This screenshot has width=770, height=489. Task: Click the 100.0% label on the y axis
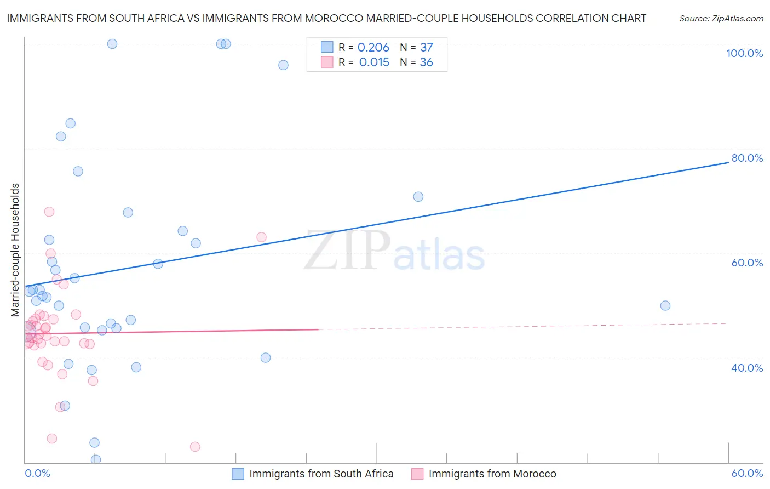pyautogui.click(x=744, y=53)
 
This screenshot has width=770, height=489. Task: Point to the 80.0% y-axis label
pyautogui.click(x=747, y=158)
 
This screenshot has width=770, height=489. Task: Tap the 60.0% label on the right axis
pyautogui.click(x=747, y=263)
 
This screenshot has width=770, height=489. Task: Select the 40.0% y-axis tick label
pyautogui.click(x=747, y=368)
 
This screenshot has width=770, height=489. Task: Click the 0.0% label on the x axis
pyautogui.click(x=37, y=473)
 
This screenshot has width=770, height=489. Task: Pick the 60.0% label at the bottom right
pyautogui.click(x=747, y=473)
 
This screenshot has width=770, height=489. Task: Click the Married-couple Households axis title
pyautogui.click(x=15, y=250)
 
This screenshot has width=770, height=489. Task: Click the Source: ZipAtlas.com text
pyautogui.click(x=721, y=18)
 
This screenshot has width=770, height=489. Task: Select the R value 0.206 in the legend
pyautogui.click(x=373, y=48)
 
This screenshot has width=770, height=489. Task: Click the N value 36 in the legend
pyautogui.click(x=426, y=62)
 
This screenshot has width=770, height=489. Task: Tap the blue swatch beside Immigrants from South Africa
pyautogui.click(x=238, y=474)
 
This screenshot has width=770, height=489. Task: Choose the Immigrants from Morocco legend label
pyautogui.click(x=492, y=474)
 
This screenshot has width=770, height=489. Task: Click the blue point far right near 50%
pyautogui.click(x=665, y=306)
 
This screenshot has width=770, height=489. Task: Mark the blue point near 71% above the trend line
pyautogui.click(x=418, y=197)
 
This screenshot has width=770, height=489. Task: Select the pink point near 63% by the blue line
pyautogui.click(x=261, y=237)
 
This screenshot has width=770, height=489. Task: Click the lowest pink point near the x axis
pyautogui.click(x=195, y=447)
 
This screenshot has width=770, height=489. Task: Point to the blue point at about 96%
pyautogui.click(x=283, y=65)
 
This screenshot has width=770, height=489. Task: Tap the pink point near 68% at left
pyautogui.click(x=49, y=212)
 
